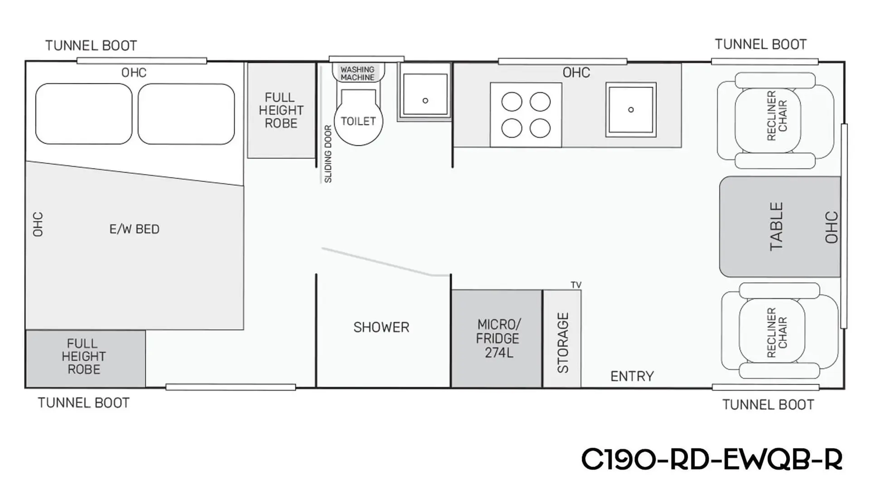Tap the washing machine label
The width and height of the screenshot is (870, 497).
358,73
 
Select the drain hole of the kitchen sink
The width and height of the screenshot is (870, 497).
631,110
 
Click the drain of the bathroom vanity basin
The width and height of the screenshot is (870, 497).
425,101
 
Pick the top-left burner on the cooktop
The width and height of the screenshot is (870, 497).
512,102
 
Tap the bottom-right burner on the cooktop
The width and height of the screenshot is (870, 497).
540,128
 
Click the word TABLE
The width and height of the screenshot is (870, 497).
776,227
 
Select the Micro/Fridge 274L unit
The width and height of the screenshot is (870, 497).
497,338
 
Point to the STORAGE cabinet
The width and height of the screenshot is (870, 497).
562,338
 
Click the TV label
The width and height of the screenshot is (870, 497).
576,285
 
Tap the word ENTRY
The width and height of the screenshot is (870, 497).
632,376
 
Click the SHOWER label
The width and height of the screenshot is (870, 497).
381,327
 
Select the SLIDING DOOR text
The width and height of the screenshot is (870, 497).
328,154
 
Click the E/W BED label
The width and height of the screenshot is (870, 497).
135,229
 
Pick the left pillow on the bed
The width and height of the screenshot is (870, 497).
84,114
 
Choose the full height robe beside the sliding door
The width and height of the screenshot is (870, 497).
281,110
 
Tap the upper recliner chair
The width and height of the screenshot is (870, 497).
775,120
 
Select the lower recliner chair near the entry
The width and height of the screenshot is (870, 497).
779,331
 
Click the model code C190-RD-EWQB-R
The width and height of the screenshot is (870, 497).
711,459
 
